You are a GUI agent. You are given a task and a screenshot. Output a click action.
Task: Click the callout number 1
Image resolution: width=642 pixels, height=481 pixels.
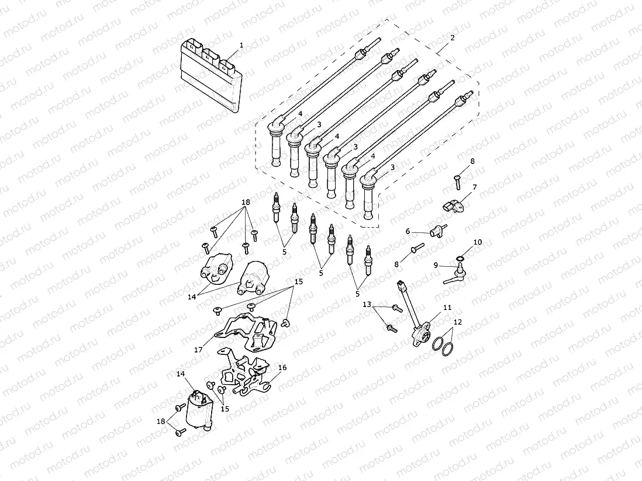click(241, 45)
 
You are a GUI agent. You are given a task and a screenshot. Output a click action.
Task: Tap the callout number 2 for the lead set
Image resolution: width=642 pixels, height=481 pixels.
click(452, 38)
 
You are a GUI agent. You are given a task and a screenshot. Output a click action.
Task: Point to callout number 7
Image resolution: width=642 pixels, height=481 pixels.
click(475, 187)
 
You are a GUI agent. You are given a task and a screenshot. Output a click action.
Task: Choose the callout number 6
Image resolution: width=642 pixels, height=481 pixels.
click(408, 231)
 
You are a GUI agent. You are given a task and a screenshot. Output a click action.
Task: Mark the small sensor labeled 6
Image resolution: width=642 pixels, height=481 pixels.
click(437, 232)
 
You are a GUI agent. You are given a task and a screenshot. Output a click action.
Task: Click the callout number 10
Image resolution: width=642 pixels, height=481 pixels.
click(478, 242)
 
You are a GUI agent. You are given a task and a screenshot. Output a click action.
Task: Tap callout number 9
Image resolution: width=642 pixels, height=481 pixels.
click(436, 264)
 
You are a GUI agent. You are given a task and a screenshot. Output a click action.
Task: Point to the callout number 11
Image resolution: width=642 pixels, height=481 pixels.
click(447, 307)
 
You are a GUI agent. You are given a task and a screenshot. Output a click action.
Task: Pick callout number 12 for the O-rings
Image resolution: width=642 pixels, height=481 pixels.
click(457, 322)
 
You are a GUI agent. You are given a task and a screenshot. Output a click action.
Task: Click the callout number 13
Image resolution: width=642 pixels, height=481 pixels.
click(367, 305)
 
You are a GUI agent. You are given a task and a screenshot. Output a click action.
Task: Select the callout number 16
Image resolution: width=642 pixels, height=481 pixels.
click(282, 368)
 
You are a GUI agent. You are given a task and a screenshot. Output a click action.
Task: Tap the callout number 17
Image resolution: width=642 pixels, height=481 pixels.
click(198, 350)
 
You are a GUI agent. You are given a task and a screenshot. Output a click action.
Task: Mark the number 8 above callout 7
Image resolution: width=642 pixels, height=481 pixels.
click(472, 161)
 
